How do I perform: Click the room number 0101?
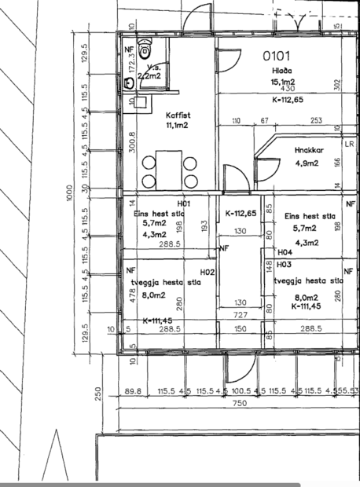pos(277,57)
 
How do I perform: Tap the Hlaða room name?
pos(282,71)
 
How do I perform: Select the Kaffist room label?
pos(178,115)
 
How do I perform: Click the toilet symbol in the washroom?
pos(144,50)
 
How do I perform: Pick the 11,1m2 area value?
pos(178,125)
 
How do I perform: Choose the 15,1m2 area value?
pos(283,82)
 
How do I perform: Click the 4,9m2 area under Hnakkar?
pos(305,163)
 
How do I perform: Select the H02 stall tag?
pos(207,272)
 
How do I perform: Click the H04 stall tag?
pos(285,253)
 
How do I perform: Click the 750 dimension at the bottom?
pos(240,403)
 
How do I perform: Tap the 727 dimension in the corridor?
pos(241,314)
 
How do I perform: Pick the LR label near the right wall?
pos(349,145)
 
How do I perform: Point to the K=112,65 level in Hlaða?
pos(288,101)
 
